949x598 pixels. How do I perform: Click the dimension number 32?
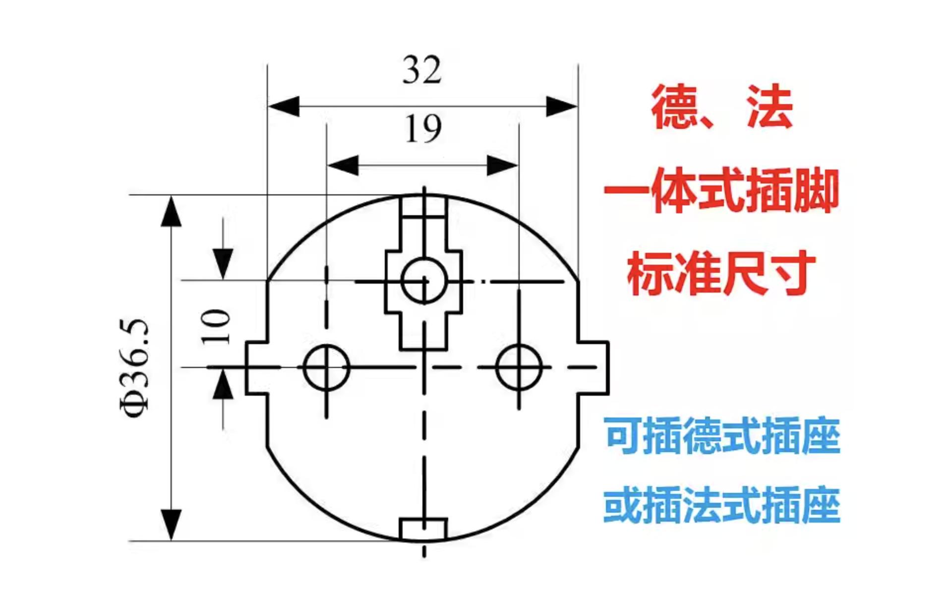421,70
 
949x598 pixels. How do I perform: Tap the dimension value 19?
423,129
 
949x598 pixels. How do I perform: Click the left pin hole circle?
326,367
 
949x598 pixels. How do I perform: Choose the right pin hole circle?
519,367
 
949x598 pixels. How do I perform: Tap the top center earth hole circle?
424,281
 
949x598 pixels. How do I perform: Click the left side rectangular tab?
257,367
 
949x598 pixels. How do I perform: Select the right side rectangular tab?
593,367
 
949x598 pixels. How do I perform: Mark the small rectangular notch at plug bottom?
423,529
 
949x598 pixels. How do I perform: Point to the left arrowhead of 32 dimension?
284,106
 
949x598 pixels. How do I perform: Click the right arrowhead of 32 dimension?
562,106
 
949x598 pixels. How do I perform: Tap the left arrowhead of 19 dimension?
343,165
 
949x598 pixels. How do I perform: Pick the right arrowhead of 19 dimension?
502,165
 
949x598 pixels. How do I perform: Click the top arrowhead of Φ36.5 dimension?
171,211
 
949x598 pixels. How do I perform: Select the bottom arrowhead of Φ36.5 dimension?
171,525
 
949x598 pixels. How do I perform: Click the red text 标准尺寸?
721,274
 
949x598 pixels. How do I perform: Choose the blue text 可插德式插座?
721,436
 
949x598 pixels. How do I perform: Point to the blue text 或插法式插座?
721,506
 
